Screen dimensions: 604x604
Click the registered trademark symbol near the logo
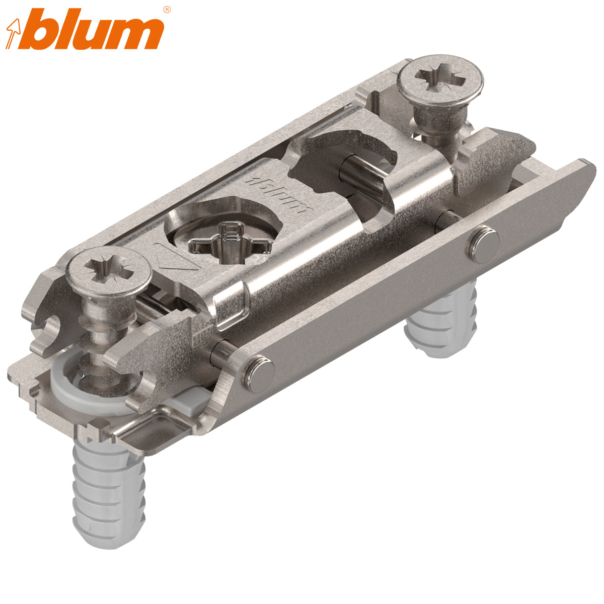click(x=167, y=9)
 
